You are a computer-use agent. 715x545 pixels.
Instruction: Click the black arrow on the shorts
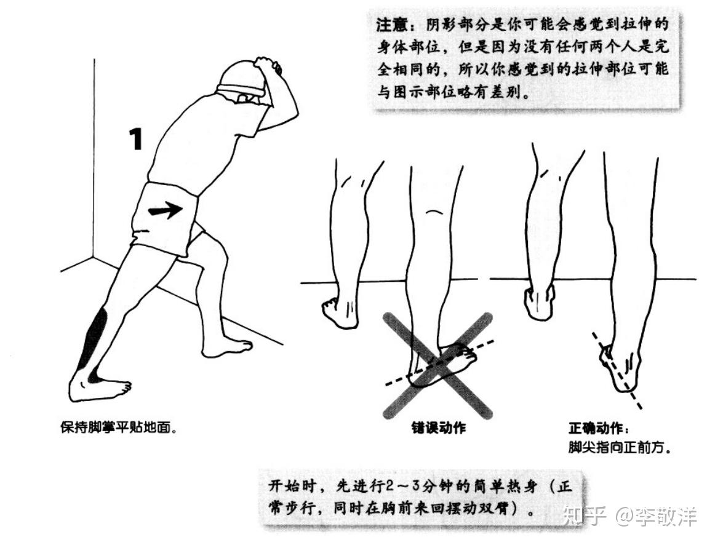[166, 210]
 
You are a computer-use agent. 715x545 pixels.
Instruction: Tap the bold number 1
[136, 139]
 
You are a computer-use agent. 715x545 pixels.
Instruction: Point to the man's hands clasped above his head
[268, 66]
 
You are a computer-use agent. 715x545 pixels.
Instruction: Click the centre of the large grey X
[437, 365]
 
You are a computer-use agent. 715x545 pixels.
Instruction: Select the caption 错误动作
[438, 428]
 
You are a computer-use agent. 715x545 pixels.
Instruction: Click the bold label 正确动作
[596, 429]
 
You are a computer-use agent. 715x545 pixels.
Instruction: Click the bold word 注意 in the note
[392, 24]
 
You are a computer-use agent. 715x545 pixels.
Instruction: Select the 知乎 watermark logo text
[585, 516]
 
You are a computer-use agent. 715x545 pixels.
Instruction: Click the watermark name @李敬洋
[657, 516]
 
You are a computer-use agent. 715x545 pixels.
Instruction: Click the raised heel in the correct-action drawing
[540, 303]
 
